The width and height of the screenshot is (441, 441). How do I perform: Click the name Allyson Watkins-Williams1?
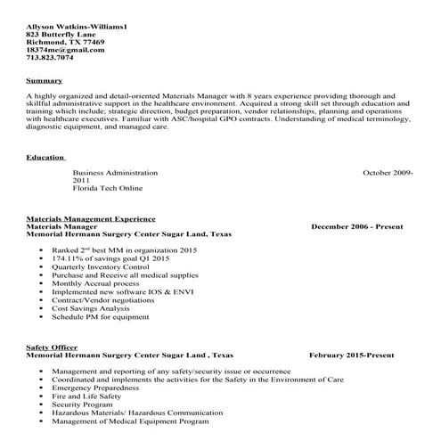[77, 27]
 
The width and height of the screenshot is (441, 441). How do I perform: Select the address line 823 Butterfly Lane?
[61, 35]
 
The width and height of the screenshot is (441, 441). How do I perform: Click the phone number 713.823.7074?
[51, 58]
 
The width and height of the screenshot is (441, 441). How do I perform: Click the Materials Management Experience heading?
[91, 218]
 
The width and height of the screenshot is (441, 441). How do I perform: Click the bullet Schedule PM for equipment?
[100, 316]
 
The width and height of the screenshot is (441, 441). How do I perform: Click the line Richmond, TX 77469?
[65, 42]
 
